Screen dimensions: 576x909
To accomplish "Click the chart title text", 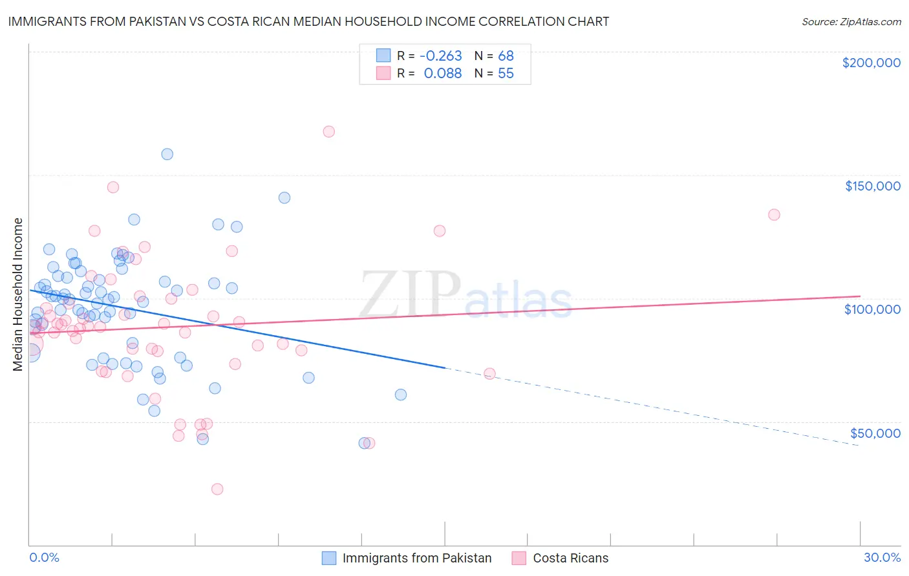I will click(x=308, y=21).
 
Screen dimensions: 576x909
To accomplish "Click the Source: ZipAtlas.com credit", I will click(x=851, y=21).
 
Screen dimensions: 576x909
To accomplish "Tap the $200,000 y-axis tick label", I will click(x=871, y=63).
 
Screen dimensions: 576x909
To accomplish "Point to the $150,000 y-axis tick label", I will click(x=872, y=186).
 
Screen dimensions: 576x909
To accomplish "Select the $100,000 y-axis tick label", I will click(x=872, y=309).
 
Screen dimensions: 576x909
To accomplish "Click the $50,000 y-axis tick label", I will click(x=875, y=433).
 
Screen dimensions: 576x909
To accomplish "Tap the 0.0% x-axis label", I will click(x=44, y=557).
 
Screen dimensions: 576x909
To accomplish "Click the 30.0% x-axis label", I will click(x=882, y=557).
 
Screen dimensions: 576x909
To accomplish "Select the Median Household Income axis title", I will click(x=18, y=294).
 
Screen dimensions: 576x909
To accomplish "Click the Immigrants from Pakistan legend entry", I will click(x=416, y=558).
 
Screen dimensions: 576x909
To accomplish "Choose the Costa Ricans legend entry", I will click(x=570, y=558).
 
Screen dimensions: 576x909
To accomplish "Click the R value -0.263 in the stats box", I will click(x=441, y=56).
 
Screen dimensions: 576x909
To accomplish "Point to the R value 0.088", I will click(x=443, y=73).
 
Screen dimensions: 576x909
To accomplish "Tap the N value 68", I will click(x=506, y=56).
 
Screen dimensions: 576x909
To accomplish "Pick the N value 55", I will click(x=506, y=73).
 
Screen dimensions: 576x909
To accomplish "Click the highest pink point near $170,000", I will click(x=328, y=131).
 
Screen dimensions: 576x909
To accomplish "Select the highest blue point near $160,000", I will click(x=167, y=154).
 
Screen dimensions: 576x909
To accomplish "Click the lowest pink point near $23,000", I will click(x=217, y=489).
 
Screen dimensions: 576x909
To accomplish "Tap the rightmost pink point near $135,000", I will click(x=774, y=214).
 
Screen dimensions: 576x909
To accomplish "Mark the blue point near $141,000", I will click(x=284, y=198).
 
